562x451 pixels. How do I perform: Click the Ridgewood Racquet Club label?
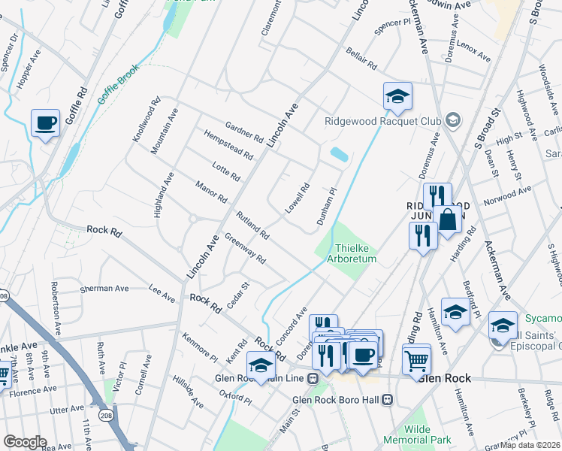coord(382,121)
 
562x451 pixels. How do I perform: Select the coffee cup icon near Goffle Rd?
coord(45,123)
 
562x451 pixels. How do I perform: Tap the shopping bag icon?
coord(448,220)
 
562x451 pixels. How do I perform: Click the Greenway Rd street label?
coord(246,251)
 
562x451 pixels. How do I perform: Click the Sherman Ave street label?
coord(105,288)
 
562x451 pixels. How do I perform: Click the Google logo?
coord(25,442)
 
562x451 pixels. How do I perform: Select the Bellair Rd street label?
coord(361,59)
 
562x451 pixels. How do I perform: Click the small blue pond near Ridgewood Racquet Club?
coord(338,155)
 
